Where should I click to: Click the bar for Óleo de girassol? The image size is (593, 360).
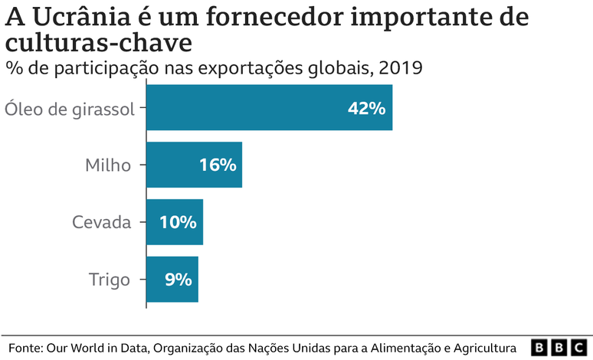coord(269,107)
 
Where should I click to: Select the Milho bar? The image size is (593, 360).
coord(194,165)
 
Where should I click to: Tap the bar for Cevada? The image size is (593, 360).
coord(174,222)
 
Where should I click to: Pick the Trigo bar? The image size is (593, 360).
coord(172,280)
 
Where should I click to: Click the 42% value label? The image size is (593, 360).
coord(365,108)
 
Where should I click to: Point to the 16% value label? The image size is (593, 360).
coord(218,165)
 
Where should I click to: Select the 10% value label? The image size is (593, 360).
coord(178,222)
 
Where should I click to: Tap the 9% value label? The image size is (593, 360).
coord(178,280)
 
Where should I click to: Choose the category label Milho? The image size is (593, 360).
coord(108,165)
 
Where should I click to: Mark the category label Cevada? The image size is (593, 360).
coord(101,222)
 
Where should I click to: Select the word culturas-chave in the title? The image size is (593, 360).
coord(99,42)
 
